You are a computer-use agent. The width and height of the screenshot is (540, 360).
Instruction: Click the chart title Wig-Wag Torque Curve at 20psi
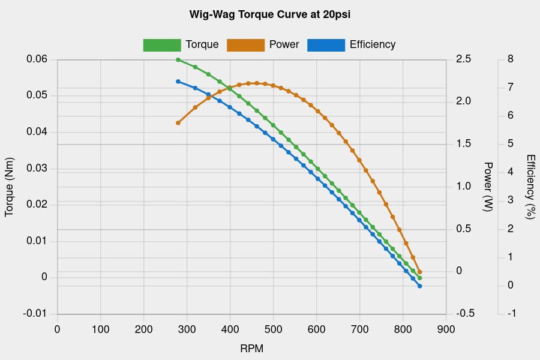point(269,14)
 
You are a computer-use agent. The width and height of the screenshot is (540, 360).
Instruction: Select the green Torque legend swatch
point(162,45)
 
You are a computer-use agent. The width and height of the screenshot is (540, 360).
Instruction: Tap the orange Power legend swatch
point(245,45)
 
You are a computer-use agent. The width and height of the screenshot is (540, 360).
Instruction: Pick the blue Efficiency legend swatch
point(326,45)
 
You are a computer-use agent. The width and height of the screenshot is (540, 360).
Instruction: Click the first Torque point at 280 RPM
point(178,60)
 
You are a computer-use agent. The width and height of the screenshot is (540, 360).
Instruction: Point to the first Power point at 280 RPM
point(178,123)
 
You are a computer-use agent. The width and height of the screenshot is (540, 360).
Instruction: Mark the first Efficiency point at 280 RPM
point(178,82)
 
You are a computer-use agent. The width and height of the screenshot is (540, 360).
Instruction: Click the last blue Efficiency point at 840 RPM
point(420,286)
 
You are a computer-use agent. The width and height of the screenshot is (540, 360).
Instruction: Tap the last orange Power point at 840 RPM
point(420,272)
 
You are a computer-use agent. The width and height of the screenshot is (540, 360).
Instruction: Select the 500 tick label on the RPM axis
point(273,329)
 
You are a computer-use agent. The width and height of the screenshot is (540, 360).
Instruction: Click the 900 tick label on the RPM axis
point(446,329)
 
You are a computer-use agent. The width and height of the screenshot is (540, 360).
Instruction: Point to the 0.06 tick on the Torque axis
point(37,59)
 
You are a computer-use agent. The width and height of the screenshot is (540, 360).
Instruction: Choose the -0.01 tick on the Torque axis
point(35,314)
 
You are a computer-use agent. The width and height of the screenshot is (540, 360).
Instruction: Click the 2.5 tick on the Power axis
point(464,59)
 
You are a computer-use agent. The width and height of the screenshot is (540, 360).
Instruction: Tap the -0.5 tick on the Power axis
point(465,314)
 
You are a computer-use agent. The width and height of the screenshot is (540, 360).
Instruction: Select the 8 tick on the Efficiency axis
point(510,59)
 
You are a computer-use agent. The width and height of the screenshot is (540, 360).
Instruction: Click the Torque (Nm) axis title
point(9,191)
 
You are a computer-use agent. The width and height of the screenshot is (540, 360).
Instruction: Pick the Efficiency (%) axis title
point(530,187)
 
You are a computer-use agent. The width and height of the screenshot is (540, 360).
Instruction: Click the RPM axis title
point(251,349)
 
